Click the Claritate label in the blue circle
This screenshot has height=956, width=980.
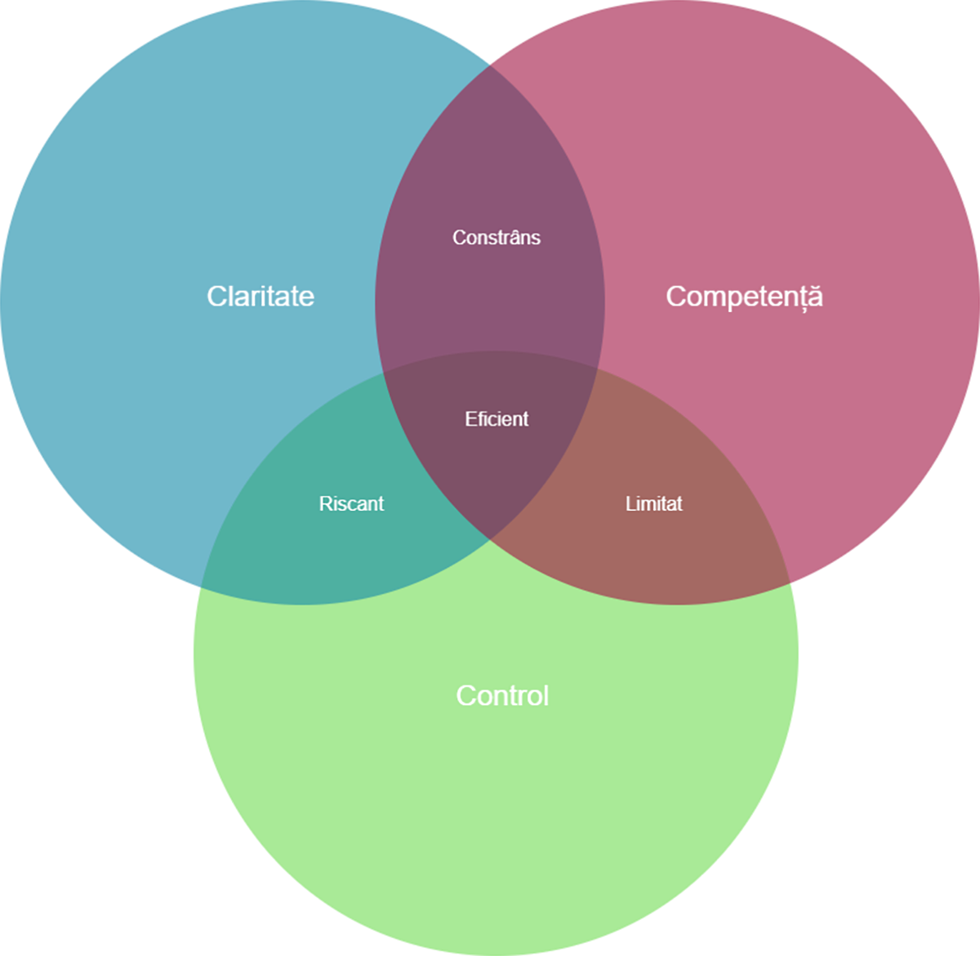pos(261,296)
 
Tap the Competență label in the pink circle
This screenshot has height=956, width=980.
pos(744,297)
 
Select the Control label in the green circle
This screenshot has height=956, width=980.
pos(502,695)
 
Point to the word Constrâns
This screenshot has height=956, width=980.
pos(496,237)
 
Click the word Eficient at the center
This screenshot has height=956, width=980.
pos(497,419)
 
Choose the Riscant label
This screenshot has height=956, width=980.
pos(351,503)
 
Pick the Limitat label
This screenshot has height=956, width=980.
pos(653,503)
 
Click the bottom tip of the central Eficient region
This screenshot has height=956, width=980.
pos(490,540)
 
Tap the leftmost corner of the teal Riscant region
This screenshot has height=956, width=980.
pos(202,587)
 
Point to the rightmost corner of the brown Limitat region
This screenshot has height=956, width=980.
pos(789,583)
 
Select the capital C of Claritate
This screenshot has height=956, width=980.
pos(216,297)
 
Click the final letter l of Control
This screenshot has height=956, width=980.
pos(546,695)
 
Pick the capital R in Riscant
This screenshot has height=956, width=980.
pos(325,503)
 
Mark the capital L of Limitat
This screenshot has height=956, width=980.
pos(630,503)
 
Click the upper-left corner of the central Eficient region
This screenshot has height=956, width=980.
pos(384,373)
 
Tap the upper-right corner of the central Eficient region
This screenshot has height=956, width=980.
pos(599,369)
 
